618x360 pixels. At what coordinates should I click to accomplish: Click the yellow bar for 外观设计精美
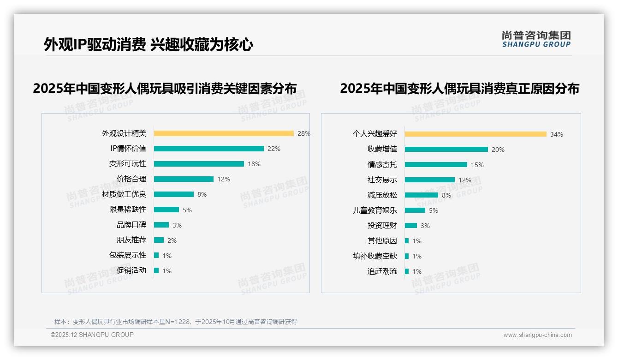(224, 133)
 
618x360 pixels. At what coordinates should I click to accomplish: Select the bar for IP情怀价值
(208, 149)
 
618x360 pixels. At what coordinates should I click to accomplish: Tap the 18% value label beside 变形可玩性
(254, 164)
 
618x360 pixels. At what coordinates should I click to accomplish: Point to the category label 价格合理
(131, 179)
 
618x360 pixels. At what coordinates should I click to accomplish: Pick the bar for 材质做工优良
(174, 194)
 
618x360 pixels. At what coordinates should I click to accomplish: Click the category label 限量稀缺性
(127, 210)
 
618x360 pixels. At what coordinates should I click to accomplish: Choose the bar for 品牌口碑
(161, 225)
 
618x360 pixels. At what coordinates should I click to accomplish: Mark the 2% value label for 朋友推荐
(172, 240)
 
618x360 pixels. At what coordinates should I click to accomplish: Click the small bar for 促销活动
(156, 270)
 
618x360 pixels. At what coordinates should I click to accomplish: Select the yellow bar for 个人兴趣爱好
(475, 134)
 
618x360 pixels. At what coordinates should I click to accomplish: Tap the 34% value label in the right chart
(557, 135)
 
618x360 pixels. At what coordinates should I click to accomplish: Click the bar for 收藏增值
(446, 150)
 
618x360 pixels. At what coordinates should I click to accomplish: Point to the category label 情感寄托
(382, 165)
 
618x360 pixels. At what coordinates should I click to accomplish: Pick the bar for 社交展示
(429, 180)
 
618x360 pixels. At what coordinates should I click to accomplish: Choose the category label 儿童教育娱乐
(374, 210)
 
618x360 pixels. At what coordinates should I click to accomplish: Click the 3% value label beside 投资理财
(425, 226)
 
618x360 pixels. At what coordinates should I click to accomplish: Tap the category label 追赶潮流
(382, 271)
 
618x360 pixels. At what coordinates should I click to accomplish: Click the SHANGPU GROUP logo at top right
(536, 39)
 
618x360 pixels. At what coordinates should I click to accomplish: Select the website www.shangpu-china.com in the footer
(537, 335)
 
